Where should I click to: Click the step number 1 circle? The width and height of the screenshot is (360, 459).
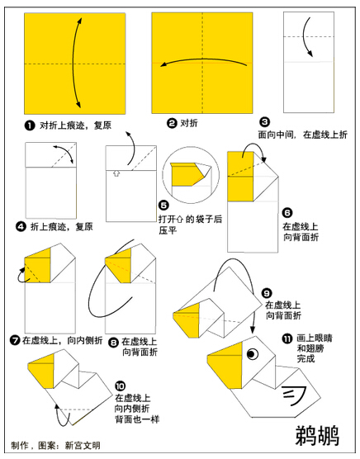[x=30, y=125]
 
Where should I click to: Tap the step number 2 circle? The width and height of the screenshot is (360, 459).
[x=172, y=123]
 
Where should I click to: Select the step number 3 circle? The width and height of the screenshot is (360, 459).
[x=264, y=122]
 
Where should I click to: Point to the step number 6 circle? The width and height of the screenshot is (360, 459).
[x=287, y=212]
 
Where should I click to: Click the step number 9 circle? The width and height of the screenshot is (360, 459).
[x=267, y=293]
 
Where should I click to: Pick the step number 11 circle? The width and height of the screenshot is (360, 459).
[x=287, y=338]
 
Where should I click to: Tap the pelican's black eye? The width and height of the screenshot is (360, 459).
[x=253, y=354]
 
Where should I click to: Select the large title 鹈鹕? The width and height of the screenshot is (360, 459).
[x=317, y=436]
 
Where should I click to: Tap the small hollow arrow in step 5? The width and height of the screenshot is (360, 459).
[x=116, y=174]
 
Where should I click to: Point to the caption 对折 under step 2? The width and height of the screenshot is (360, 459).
[x=189, y=123]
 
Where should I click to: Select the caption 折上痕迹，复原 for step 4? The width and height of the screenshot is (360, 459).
[x=62, y=226]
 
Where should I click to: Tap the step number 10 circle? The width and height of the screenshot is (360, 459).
[x=120, y=386]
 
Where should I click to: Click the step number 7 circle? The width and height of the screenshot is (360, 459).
[x=15, y=340]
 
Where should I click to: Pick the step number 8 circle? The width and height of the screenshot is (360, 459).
[x=113, y=342]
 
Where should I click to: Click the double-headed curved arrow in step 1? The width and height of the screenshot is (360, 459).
[x=73, y=63]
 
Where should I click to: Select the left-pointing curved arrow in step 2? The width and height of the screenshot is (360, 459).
[x=203, y=59]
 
